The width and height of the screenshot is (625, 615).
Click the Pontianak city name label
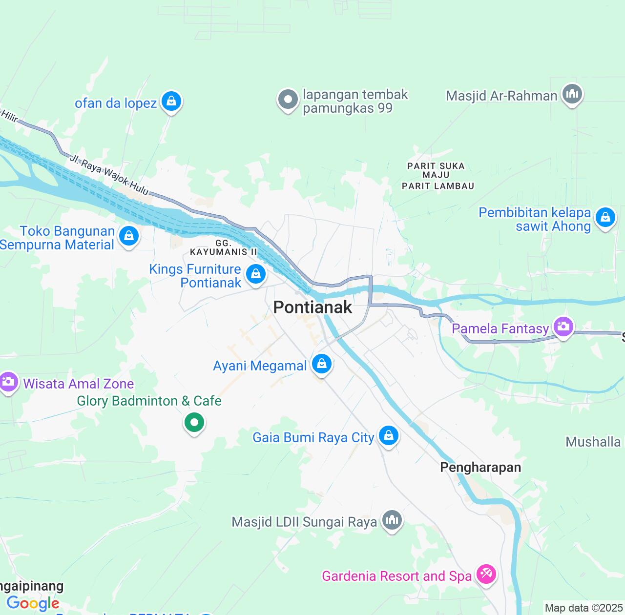(312, 307)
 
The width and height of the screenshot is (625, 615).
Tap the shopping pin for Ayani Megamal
(322, 364)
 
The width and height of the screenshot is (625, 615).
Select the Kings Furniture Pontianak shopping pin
(256, 274)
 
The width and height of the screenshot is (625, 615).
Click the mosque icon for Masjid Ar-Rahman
(572, 93)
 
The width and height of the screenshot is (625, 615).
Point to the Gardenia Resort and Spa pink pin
(486, 574)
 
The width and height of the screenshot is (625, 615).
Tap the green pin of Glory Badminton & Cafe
(194, 422)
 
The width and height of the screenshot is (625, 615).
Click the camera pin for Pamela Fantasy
(563, 326)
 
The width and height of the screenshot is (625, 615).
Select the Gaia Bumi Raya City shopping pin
(389, 435)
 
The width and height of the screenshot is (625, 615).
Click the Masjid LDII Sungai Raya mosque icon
(392, 520)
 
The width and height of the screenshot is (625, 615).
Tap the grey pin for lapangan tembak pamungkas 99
(288, 100)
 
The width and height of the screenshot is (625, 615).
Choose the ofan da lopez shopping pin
(171, 101)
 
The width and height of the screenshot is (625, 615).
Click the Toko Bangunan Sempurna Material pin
(129, 236)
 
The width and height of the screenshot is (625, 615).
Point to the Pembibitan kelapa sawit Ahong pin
(605, 217)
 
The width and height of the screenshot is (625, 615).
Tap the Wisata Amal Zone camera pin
(9, 381)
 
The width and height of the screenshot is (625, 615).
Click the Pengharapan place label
(480, 468)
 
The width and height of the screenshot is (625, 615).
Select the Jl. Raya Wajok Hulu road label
(108, 175)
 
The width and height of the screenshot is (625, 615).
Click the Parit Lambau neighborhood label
(437, 186)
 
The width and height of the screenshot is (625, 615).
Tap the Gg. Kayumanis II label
(223, 247)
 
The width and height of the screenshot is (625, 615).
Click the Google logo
(33, 603)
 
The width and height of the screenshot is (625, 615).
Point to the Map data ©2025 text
(583, 608)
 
